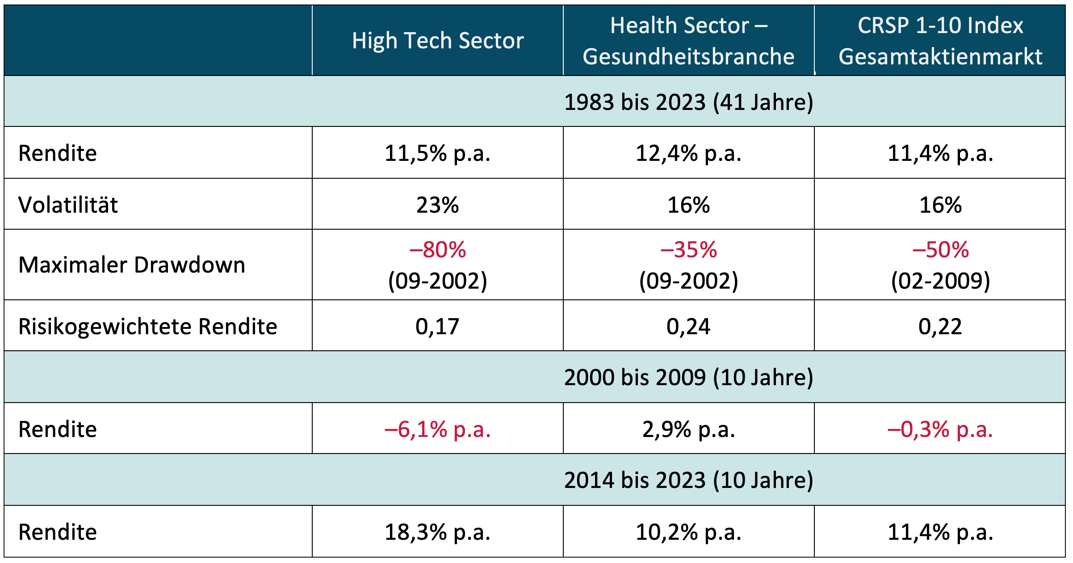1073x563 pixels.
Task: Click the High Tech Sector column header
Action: point(438,41)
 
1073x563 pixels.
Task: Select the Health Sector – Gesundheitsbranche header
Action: point(688,41)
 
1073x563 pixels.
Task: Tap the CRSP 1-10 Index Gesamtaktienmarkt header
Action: point(940,41)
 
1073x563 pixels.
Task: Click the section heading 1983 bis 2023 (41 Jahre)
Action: point(688,102)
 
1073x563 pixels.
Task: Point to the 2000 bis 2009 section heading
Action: point(688,378)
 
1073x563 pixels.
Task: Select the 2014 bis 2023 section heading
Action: point(688,480)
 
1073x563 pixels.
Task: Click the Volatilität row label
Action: point(68,205)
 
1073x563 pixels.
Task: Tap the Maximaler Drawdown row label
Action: point(132,265)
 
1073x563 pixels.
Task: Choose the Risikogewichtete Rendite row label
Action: point(148,327)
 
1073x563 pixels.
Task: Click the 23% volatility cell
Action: point(438,205)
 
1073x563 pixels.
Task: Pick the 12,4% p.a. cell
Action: point(688,154)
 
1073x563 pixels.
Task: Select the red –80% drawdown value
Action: point(438,250)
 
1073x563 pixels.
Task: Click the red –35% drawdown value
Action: point(688,250)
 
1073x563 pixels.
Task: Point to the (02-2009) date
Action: point(940,281)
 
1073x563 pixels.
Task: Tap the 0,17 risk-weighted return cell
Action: point(438,327)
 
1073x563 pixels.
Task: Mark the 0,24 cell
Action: point(688,327)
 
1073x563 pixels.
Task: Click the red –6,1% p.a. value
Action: point(438,429)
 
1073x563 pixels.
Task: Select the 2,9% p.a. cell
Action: point(688,429)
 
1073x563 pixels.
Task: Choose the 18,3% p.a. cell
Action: point(438,532)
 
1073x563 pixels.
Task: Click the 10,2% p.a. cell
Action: point(688,532)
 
